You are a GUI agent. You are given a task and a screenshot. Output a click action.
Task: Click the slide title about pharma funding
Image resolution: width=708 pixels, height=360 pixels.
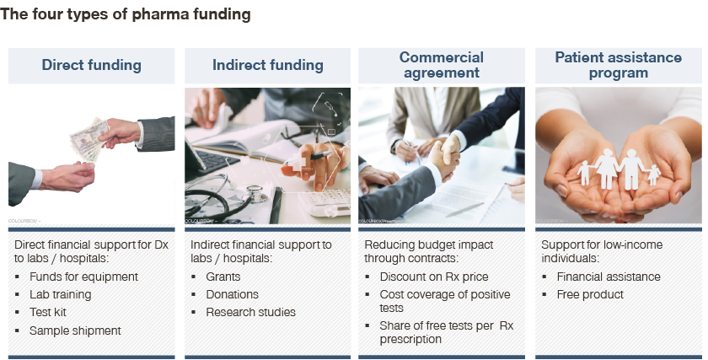click(126, 14)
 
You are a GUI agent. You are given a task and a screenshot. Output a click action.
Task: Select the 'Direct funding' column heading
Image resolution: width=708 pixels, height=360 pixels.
click(92, 65)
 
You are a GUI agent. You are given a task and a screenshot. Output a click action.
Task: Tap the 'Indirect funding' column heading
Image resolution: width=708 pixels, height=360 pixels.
click(268, 65)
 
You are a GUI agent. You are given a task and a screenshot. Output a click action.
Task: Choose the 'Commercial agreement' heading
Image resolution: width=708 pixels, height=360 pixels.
click(442, 65)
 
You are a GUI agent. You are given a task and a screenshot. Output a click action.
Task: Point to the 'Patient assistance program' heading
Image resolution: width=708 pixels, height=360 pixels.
click(618, 65)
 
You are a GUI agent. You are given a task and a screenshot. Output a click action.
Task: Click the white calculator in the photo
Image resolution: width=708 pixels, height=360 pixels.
click(324, 203)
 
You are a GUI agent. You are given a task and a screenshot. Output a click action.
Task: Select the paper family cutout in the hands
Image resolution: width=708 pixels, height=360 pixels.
click(619, 169)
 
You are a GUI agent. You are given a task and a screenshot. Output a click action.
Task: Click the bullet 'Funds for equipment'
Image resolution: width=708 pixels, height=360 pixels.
click(83, 277)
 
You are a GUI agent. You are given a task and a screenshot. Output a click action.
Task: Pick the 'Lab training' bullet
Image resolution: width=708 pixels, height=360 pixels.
click(61, 294)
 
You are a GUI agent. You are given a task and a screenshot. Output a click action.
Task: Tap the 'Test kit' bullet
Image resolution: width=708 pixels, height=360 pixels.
click(48, 312)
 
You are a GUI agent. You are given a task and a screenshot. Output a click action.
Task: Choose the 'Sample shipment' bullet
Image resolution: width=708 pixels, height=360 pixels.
click(75, 330)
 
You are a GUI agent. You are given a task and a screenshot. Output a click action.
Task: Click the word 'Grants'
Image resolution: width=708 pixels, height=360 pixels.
click(223, 277)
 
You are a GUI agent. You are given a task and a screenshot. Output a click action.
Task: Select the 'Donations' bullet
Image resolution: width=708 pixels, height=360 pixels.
click(232, 294)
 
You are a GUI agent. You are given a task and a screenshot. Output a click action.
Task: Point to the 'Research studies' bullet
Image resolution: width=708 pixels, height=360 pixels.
click(250, 312)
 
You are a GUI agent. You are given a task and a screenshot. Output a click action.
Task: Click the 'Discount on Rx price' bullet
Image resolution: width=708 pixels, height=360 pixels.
click(434, 277)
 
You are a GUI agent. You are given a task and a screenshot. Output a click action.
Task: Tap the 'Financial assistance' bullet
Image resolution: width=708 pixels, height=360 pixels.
click(609, 277)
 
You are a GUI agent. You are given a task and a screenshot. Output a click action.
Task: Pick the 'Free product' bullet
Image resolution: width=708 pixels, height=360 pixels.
click(590, 294)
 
